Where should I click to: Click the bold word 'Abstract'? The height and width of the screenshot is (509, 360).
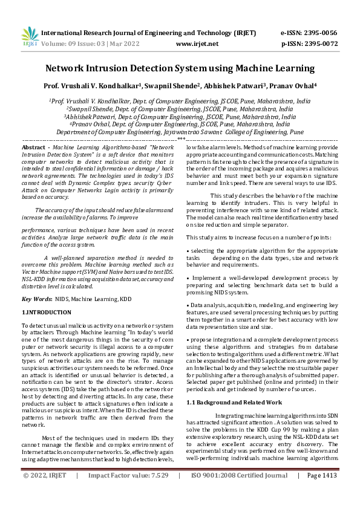[x=33, y=148]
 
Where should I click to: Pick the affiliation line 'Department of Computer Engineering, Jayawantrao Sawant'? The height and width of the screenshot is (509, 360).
[x=180, y=131]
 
